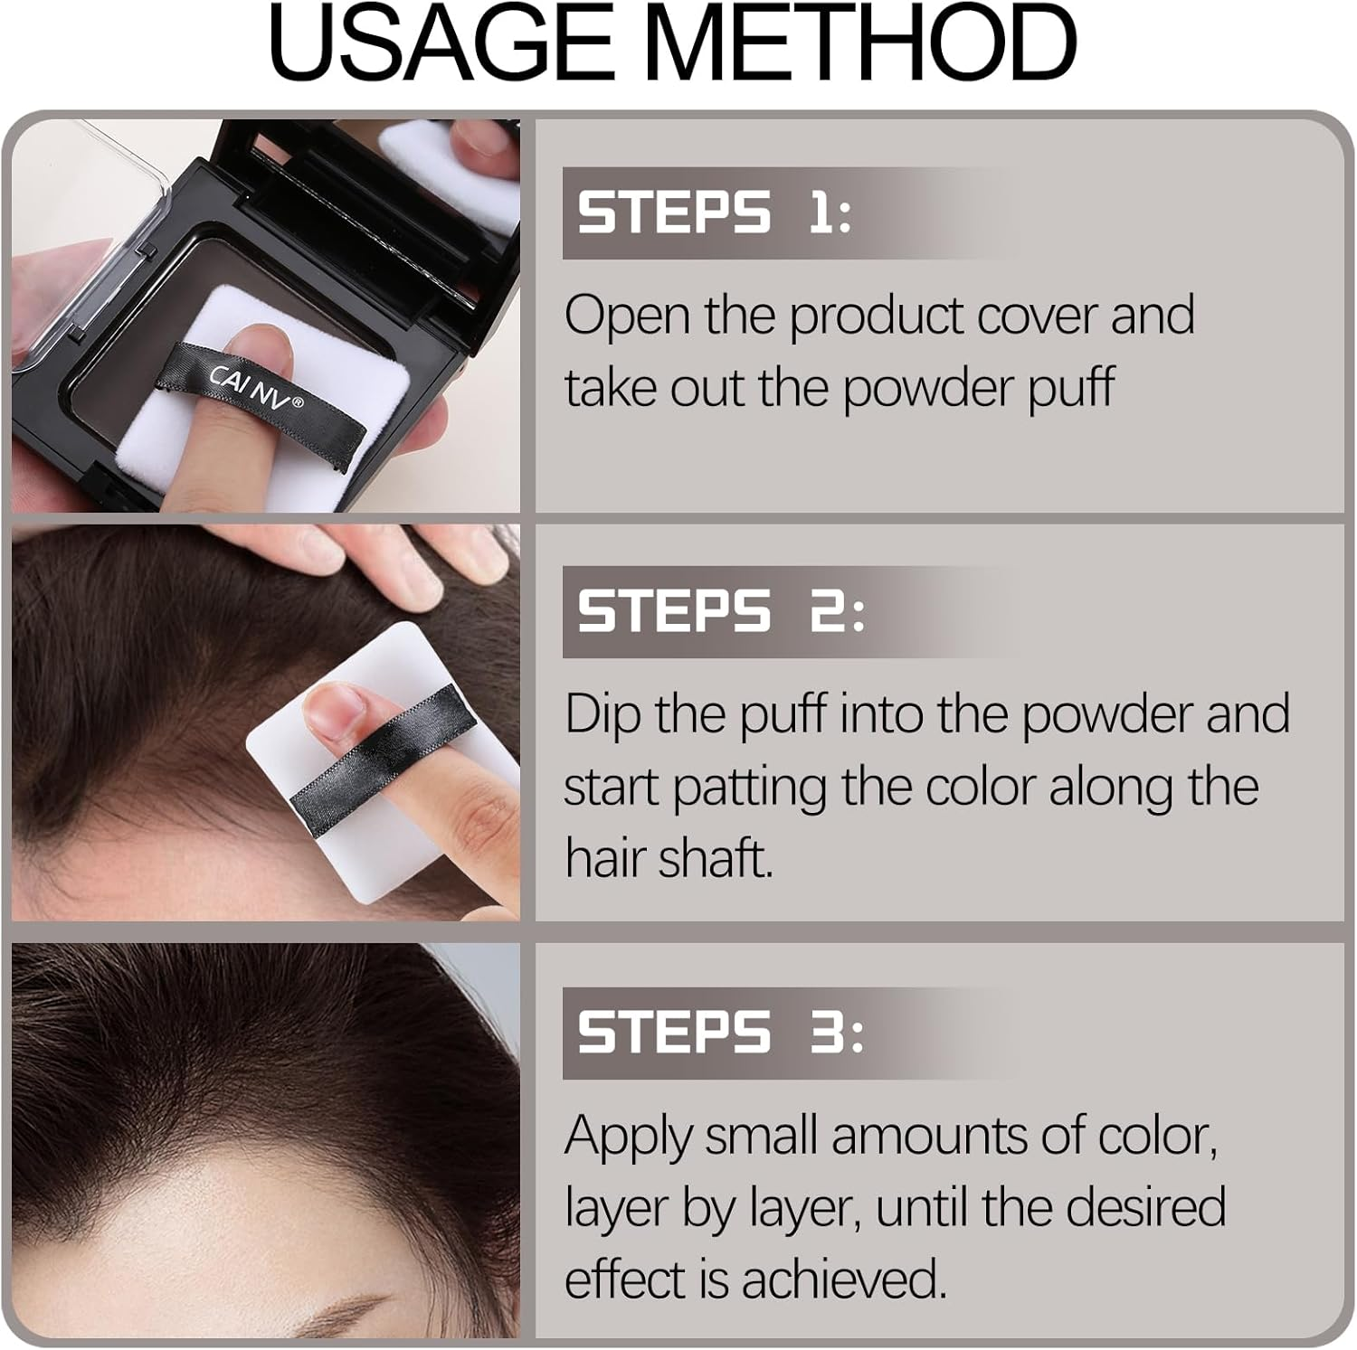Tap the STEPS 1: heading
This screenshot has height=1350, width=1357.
coord(714,213)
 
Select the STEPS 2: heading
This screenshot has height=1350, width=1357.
coord(720,611)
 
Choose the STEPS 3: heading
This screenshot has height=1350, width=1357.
coord(720,1033)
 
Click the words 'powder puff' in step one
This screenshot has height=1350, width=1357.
coord(978,389)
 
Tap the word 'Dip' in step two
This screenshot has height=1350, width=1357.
coord(602,716)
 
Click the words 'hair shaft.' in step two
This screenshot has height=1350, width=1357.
coord(669,857)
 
